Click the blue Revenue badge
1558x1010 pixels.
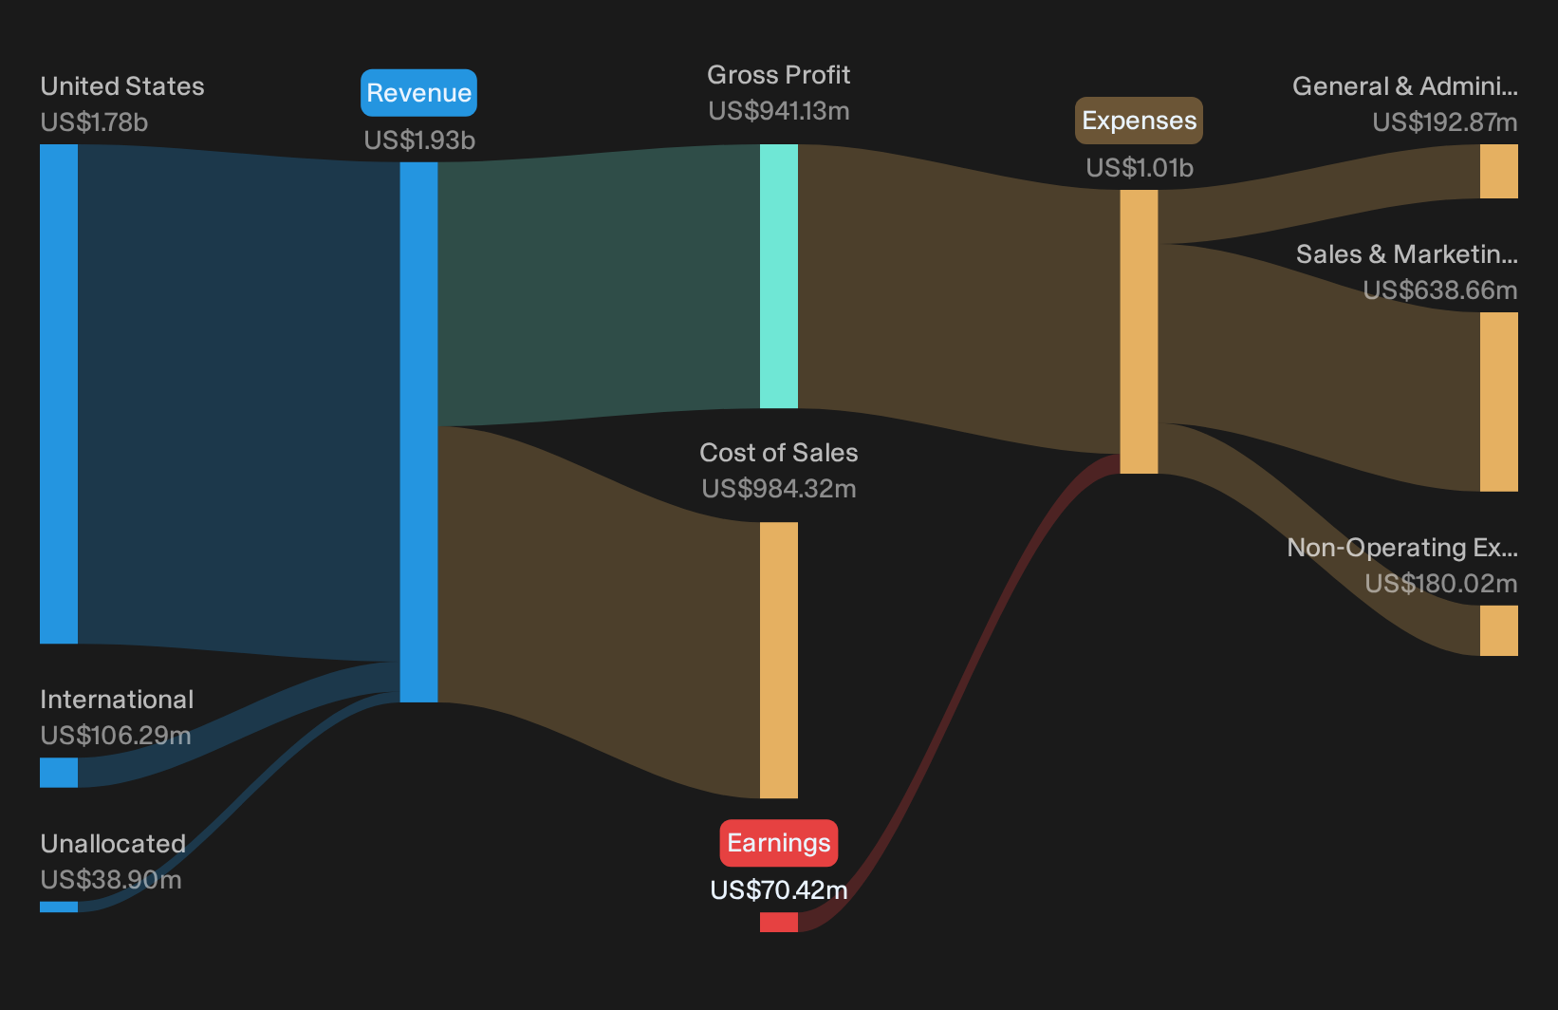pos(418,93)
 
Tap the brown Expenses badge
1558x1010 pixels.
pos(1139,121)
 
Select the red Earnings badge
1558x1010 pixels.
pos(778,843)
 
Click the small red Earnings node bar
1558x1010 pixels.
pos(778,922)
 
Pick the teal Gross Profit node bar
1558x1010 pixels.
pos(778,275)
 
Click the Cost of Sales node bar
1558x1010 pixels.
pos(778,660)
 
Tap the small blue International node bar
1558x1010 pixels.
pos(59,772)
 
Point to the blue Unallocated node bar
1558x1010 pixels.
pos(59,907)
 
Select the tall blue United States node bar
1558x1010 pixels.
pos(59,394)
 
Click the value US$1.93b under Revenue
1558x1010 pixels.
pos(419,140)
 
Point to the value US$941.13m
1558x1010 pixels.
pos(778,111)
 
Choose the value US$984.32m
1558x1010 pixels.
pos(778,489)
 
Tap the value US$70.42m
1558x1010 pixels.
pos(778,890)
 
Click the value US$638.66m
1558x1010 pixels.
pos(1439,290)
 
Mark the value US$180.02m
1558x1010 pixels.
pos(1440,583)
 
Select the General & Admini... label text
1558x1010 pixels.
pos(1405,86)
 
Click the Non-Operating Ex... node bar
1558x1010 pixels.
pos(1499,630)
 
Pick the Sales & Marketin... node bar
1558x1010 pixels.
pos(1499,402)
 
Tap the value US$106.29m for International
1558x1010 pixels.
pos(116,736)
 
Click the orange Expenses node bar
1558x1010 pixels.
pos(1139,331)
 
